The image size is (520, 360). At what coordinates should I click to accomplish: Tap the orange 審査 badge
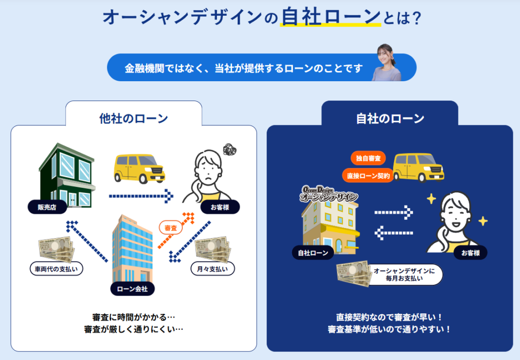pyautogui.click(x=171, y=228)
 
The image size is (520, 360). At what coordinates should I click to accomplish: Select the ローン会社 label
pyautogui.click(x=132, y=289)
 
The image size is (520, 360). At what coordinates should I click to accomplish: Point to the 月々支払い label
pyautogui.click(x=212, y=269)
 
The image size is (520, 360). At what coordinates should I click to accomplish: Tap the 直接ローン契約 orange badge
pyautogui.click(x=368, y=176)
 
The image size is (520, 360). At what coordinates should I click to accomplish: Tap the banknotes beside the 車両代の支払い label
pyautogui.click(x=56, y=249)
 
